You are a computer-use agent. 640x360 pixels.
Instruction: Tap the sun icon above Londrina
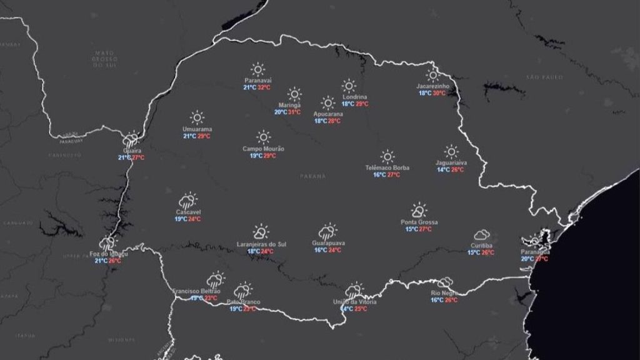coord(349,86)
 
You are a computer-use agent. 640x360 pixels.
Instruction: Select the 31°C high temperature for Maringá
coord(294,112)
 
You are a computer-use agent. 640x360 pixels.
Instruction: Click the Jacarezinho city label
coord(433,86)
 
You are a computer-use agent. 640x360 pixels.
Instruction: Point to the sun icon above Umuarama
coord(197,117)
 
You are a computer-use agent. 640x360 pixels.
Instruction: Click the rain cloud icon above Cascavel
coord(187,201)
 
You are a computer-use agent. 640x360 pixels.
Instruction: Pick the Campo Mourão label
coord(263,149)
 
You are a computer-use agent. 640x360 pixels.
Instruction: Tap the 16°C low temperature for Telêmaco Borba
coord(379,175)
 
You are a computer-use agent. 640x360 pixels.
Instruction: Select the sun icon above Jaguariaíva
coord(451,151)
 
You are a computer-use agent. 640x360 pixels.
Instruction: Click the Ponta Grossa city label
coord(419,222)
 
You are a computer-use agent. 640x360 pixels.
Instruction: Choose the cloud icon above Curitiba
coord(481,235)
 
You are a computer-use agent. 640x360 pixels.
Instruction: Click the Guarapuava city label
coord(328,243)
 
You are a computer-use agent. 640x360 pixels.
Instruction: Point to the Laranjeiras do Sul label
coord(261,244)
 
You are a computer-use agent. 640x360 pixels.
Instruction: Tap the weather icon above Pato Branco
coord(242,289)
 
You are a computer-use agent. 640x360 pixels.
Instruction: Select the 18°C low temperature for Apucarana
coord(320,121)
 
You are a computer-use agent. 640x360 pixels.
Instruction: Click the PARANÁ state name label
coord(312,176)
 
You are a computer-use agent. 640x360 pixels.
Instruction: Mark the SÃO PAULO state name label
coord(544,77)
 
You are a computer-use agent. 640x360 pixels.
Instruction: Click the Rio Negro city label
coord(444,293)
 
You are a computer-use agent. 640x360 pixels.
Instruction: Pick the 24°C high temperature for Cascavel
coord(194,219)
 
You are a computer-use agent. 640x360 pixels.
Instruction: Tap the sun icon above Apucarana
coord(328,102)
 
